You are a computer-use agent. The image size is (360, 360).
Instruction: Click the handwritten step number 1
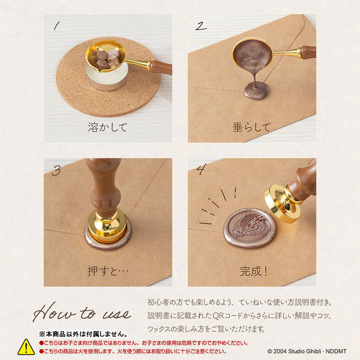(57, 26)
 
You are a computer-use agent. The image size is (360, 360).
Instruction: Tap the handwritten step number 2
(201, 26)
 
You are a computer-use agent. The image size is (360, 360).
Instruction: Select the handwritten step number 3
(56, 171)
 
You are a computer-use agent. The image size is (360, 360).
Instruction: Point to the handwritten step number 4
(201, 169)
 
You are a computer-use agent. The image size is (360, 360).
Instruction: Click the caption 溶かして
(108, 127)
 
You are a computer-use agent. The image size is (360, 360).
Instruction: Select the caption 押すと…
(108, 271)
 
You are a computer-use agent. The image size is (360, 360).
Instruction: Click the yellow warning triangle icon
(26, 347)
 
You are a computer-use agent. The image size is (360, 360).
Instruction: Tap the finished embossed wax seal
(250, 228)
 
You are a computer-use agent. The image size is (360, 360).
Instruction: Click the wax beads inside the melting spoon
(107, 59)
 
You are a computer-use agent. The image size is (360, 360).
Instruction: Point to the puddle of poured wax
(256, 91)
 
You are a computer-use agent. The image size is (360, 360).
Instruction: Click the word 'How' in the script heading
(54, 313)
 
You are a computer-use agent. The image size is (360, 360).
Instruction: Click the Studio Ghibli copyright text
(307, 351)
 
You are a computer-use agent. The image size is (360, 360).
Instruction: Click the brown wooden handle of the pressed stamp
(105, 186)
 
